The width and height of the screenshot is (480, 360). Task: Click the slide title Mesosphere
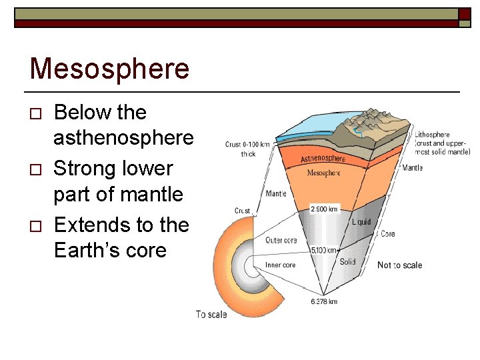[x=109, y=69]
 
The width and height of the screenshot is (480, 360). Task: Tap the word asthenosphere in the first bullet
[x=123, y=138]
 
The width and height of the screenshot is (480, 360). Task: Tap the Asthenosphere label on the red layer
[x=323, y=159]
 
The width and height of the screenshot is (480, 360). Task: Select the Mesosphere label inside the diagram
[x=323, y=173]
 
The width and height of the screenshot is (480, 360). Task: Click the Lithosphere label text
[x=432, y=135]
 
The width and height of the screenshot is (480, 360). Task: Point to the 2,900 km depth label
[x=325, y=209]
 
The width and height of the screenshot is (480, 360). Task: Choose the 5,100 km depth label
[x=325, y=251]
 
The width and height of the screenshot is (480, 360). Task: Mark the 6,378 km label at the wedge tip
[x=324, y=301]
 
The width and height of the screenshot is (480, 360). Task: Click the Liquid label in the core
[x=361, y=221]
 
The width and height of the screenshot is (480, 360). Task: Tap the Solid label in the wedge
[x=347, y=262]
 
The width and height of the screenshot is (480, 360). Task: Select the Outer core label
[x=281, y=241]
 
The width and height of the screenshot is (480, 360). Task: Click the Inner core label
[x=280, y=265]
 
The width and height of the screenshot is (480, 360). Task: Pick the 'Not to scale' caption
[x=399, y=265]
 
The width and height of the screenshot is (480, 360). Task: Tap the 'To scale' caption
[x=211, y=314]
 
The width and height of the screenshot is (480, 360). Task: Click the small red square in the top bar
[x=464, y=14]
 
